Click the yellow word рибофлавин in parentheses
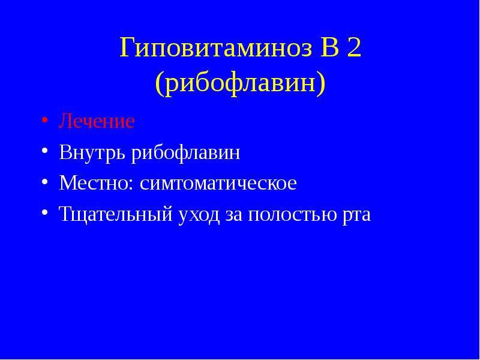240,83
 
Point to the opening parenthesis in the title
160,83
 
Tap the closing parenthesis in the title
320,83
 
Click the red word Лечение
97,121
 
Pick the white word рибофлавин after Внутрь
186,152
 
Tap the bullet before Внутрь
44,151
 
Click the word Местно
94,183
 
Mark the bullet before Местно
44,181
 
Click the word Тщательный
116,214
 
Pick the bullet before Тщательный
44,212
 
